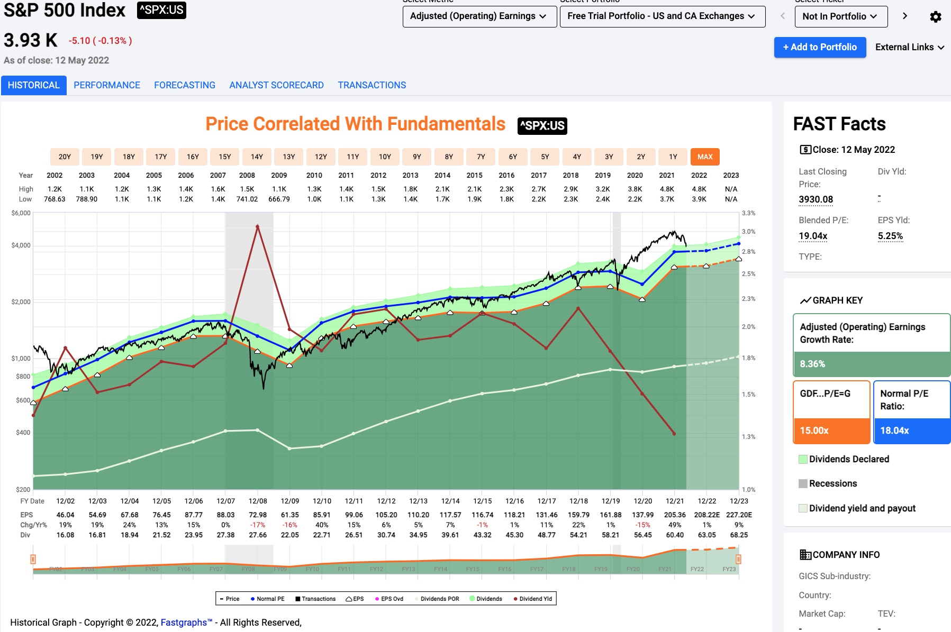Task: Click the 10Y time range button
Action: [385, 157]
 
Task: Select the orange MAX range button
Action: [705, 157]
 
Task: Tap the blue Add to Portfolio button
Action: [820, 47]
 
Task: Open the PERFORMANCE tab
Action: [107, 85]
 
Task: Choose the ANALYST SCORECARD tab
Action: [276, 85]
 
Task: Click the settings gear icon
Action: [935, 17]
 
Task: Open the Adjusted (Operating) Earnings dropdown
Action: [479, 16]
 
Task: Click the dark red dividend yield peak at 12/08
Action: [258, 227]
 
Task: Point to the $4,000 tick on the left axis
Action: [21, 245]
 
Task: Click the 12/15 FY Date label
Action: [483, 501]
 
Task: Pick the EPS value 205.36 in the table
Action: [675, 515]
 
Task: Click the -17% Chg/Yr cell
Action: [258, 525]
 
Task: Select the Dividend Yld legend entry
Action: [533, 599]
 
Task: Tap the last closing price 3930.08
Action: [816, 199]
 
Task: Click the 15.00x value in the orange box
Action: [814, 431]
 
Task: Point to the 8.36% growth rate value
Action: [812, 364]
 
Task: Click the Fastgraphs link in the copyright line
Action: [186, 622]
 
